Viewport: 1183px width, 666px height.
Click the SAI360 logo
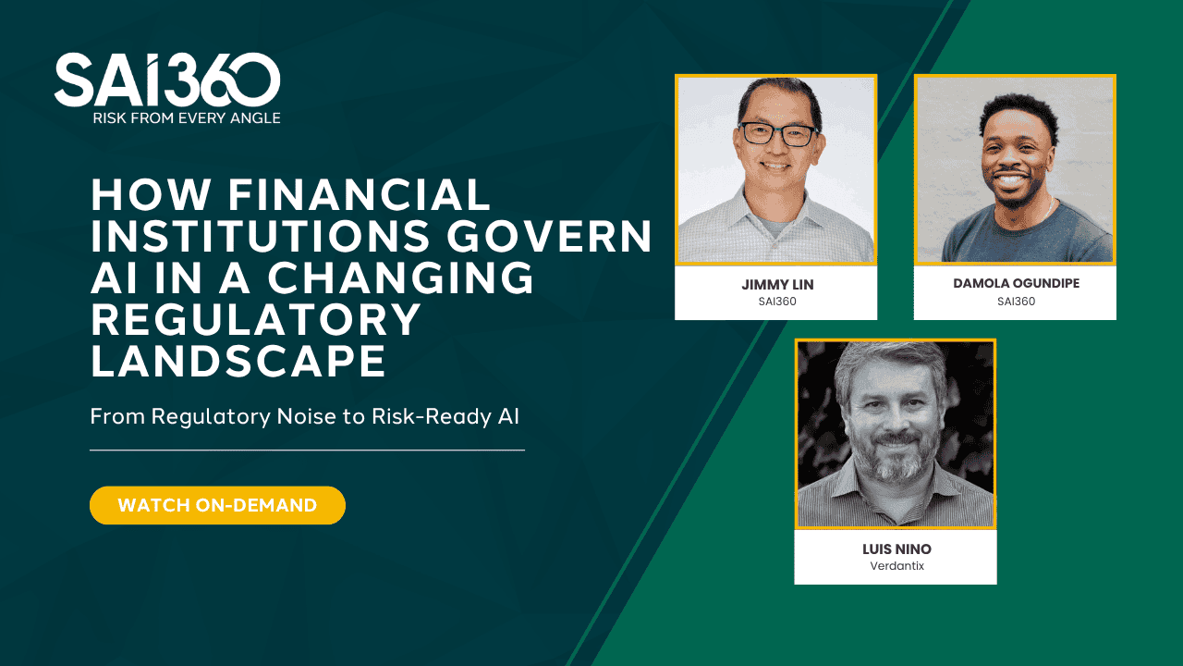[167, 80]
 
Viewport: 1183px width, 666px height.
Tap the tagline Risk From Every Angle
[186, 117]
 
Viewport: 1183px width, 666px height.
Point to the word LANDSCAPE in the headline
[238, 362]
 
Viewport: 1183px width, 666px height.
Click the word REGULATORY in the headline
[256, 320]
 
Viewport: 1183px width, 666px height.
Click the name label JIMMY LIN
[775, 284]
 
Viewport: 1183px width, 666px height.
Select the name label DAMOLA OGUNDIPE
[1015, 283]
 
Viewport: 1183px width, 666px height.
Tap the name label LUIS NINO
[896, 549]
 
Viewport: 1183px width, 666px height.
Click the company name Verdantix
[896, 566]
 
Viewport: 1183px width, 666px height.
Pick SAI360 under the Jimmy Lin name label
[775, 301]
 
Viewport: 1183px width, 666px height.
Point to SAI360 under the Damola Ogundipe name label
[1015, 301]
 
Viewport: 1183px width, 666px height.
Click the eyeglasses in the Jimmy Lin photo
[778, 135]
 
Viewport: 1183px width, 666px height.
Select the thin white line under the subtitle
[307, 450]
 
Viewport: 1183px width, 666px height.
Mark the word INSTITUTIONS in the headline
[260, 237]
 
